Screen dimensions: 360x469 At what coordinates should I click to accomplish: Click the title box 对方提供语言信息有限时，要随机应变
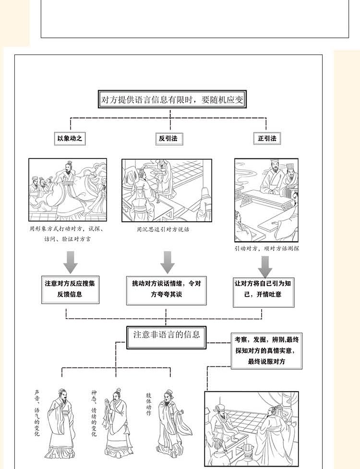[172, 100]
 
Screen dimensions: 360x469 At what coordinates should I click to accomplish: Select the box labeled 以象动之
[70, 139]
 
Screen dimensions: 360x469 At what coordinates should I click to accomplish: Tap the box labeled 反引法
[168, 139]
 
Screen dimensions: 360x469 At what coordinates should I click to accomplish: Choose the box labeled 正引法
[266, 139]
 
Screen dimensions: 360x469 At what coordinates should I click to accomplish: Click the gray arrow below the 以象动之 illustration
[70, 262]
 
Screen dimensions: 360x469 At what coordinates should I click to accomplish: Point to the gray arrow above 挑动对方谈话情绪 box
[167, 262]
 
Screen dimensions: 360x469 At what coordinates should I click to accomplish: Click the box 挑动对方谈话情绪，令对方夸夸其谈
[166, 289]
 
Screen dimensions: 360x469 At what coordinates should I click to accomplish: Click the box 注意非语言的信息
[167, 335]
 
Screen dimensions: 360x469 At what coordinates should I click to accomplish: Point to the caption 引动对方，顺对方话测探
[266, 249]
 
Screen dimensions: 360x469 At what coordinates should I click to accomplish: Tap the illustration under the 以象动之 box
[68, 190]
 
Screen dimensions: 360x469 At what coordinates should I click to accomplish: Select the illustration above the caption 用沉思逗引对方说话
[167, 191]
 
